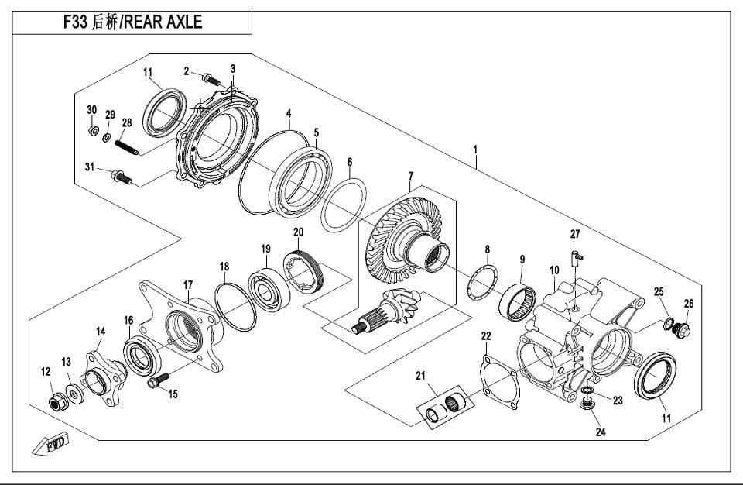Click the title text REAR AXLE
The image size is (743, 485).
[x=163, y=22]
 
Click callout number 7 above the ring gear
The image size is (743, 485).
[x=411, y=177]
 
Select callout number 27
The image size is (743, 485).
[x=575, y=233]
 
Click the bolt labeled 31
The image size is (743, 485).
[x=122, y=177]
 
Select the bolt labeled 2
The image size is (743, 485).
[x=211, y=78]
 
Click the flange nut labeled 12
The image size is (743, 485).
[x=56, y=401]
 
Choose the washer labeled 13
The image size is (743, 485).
[x=74, y=394]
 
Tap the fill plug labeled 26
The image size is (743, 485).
[x=682, y=330]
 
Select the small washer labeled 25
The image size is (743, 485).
[x=665, y=322]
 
